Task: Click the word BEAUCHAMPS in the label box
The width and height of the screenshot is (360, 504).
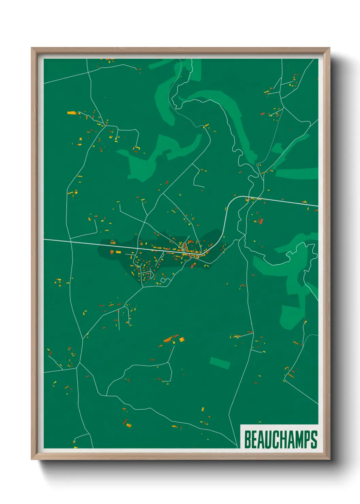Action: (x=281, y=439)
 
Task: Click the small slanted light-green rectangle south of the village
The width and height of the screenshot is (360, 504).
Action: (x=220, y=363)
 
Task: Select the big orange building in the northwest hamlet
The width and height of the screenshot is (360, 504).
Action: (x=71, y=113)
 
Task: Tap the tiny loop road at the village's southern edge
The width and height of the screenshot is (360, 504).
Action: (x=163, y=280)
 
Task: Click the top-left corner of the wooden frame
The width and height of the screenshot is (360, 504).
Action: (x=32, y=48)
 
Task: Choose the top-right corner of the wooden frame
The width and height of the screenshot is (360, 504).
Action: (x=329, y=48)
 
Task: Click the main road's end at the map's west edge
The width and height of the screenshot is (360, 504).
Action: (x=45, y=239)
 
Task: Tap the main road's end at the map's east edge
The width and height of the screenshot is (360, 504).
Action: (x=317, y=206)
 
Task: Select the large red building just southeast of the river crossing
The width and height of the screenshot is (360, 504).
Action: (x=261, y=221)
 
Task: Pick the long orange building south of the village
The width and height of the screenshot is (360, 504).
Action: (x=168, y=339)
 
